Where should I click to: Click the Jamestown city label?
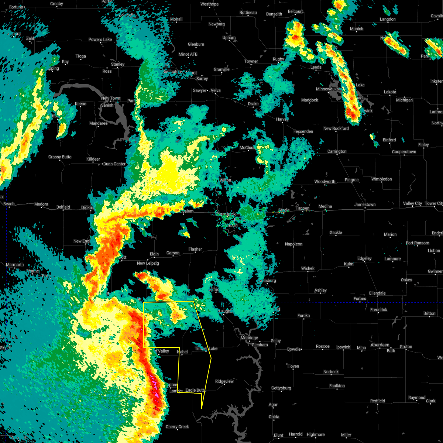(365, 205)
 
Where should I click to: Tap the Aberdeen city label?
(380, 345)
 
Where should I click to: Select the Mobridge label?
(249, 338)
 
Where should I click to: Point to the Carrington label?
(337, 151)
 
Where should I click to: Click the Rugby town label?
(278, 59)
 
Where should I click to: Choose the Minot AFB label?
(188, 54)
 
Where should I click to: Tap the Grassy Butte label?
(60, 157)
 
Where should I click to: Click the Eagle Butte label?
(195, 390)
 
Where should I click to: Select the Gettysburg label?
(281, 388)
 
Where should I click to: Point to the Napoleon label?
(293, 244)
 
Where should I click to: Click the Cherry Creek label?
(177, 427)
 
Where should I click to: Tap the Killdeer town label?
(93, 159)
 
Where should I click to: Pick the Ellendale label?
(377, 293)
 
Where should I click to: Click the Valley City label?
(412, 203)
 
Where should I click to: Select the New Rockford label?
(336, 128)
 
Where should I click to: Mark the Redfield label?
(378, 401)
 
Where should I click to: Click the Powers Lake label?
(100, 40)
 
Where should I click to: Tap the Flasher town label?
(195, 249)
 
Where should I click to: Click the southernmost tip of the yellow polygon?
(202, 408)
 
